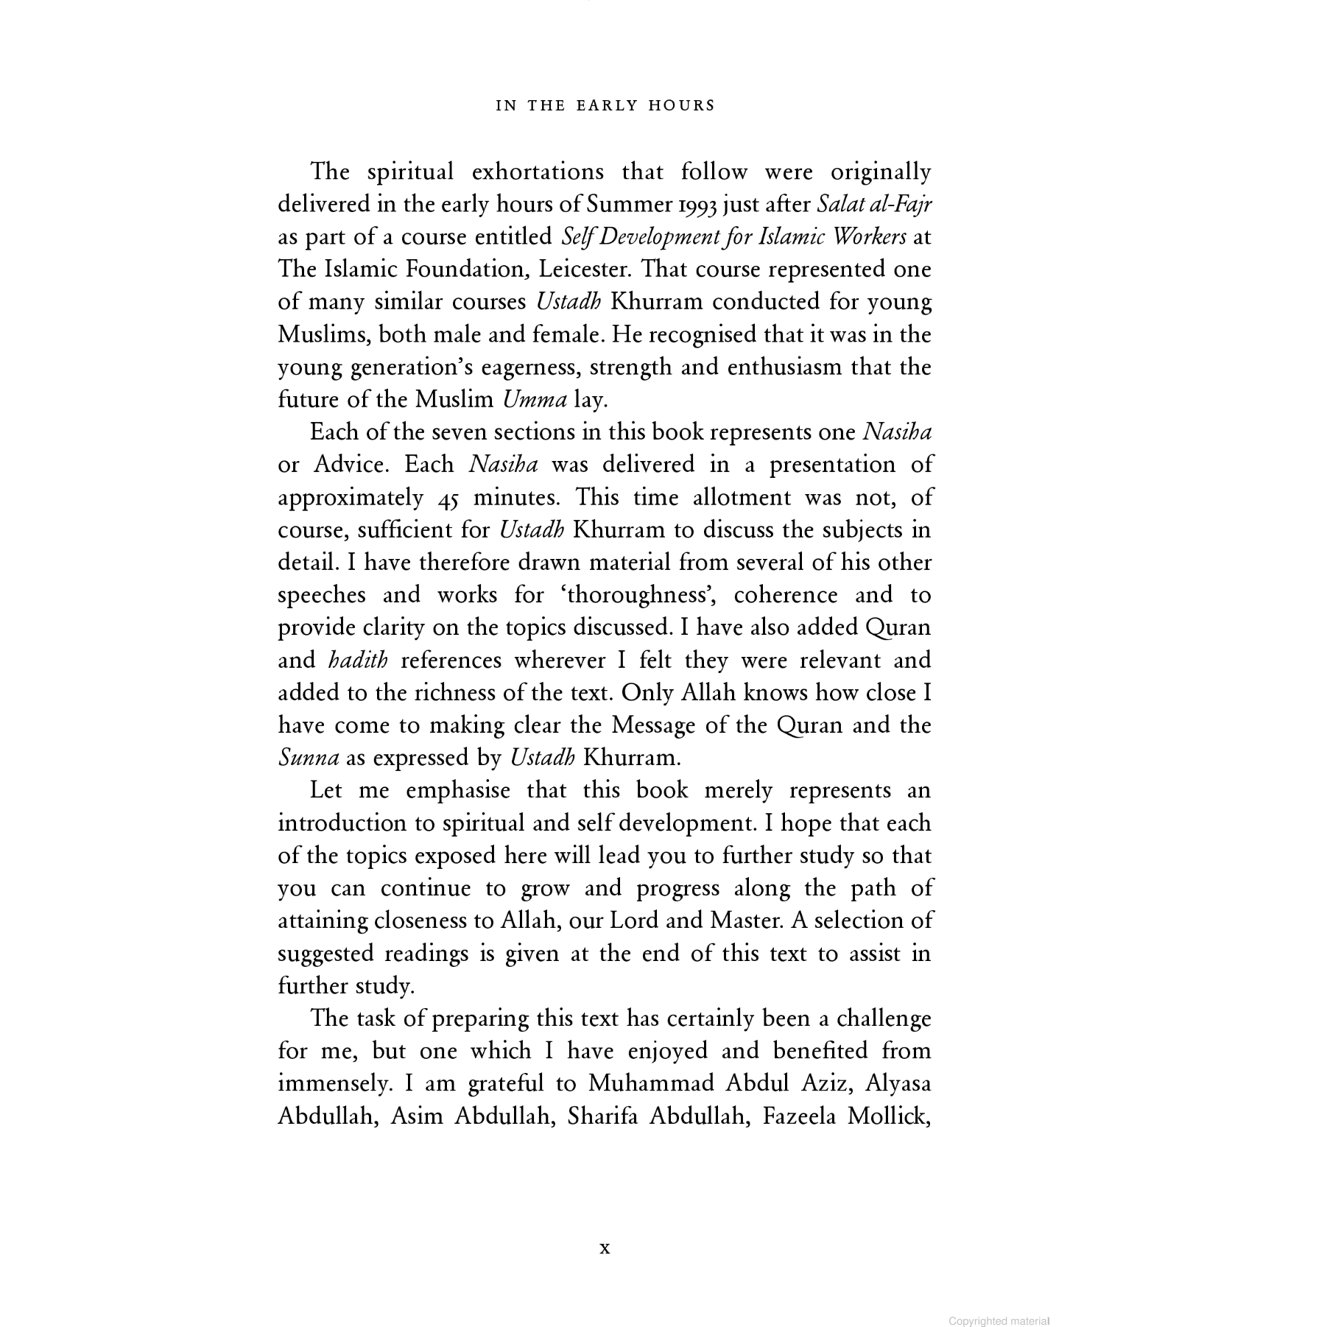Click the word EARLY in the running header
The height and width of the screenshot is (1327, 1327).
[x=606, y=105]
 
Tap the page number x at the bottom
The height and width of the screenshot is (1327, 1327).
[x=605, y=1247]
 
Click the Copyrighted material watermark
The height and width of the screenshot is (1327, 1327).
[x=998, y=1322]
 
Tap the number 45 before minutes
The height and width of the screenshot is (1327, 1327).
[x=448, y=498]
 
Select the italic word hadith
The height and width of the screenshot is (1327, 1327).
[x=357, y=661]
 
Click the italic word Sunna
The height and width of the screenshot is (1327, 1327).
[x=309, y=758]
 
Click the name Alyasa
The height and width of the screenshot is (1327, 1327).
[x=898, y=1083]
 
